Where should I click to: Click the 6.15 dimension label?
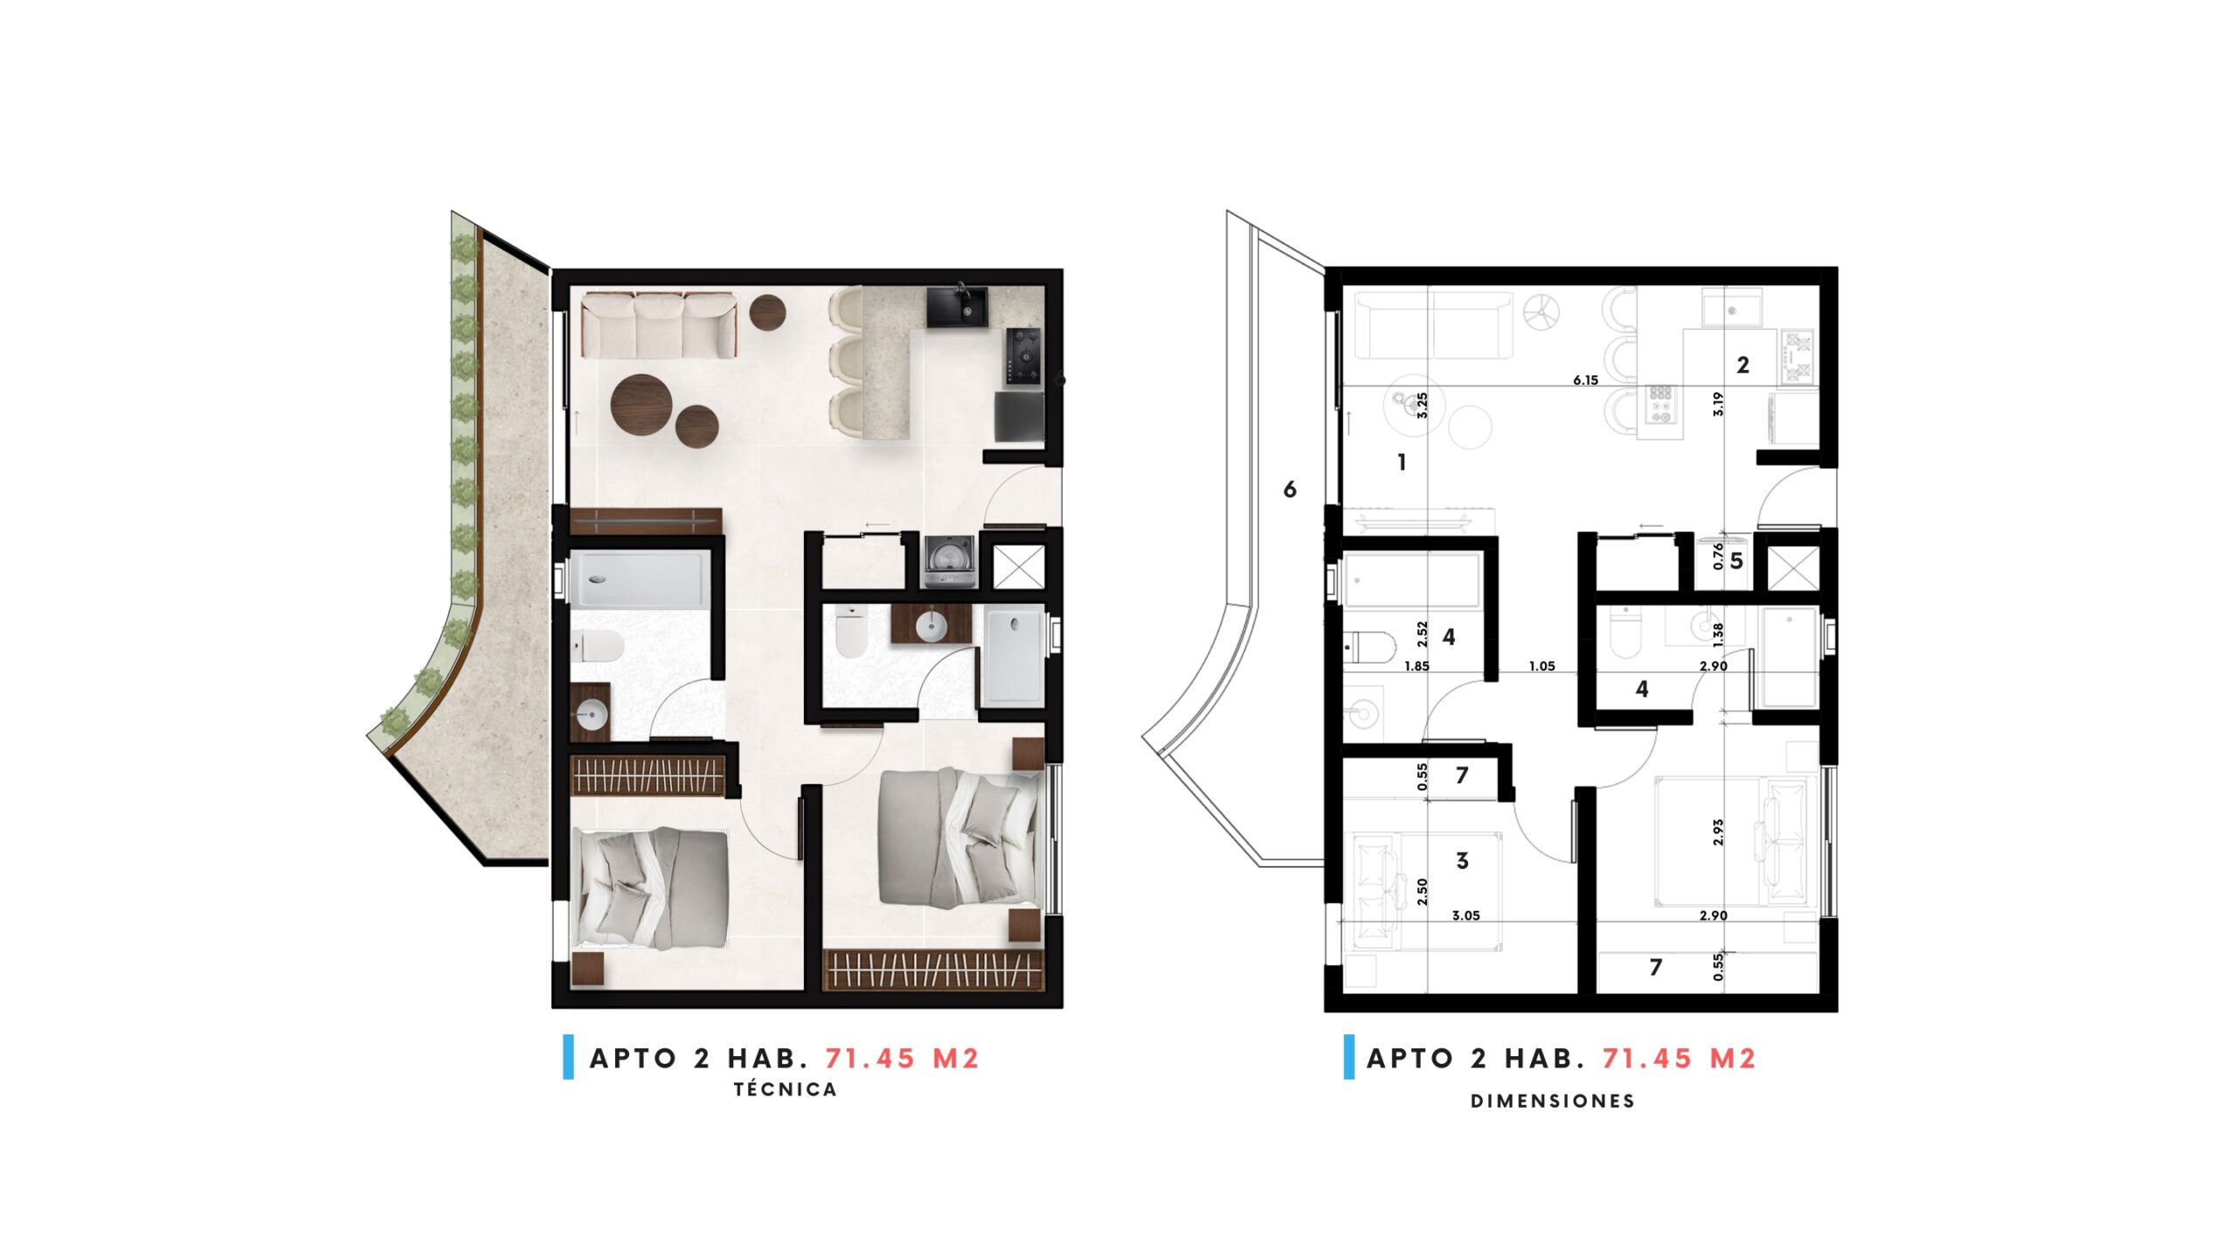tap(1585, 380)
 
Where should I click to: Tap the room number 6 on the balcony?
tap(1290, 490)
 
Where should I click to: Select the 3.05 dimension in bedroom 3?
tap(1465, 916)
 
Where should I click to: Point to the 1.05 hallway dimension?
tap(1541, 666)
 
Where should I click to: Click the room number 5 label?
tap(1736, 560)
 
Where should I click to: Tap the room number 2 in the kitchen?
tap(1742, 365)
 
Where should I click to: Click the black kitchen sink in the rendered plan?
tap(958, 307)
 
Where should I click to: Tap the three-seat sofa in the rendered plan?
tap(659, 325)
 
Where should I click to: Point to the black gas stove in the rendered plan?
tap(1023, 356)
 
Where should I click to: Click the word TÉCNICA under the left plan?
tap(785, 1089)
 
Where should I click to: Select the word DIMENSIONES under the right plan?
tap(1553, 1102)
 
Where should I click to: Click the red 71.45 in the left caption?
tap(869, 1059)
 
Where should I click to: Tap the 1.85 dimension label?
tap(1416, 666)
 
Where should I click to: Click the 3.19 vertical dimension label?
tap(1718, 403)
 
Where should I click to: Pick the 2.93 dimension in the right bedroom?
tap(1718, 831)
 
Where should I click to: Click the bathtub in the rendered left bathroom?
tap(640, 579)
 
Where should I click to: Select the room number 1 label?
tap(1402, 462)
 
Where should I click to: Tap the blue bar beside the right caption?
tap(1349, 1057)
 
